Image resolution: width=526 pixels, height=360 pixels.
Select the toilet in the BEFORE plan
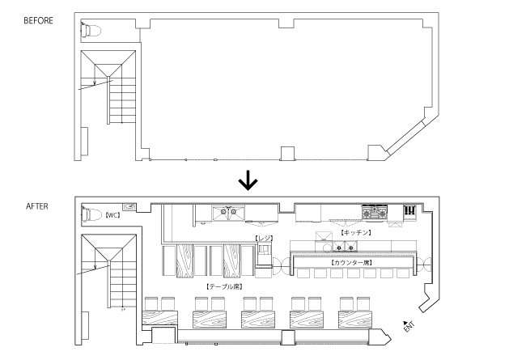pyautogui.click(x=90, y=31)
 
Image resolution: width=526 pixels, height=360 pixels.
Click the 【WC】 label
pyautogui.click(x=112, y=217)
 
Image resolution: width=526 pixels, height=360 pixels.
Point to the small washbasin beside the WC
pyautogui.click(x=129, y=206)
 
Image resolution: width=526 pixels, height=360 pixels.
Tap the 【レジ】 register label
pyautogui.click(x=264, y=239)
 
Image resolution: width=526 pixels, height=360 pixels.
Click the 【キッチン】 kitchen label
pyautogui.click(x=355, y=232)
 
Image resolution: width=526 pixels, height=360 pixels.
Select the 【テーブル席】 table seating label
pyautogui.click(x=221, y=286)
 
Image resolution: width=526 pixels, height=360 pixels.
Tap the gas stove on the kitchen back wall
pyautogui.click(x=374, y=214)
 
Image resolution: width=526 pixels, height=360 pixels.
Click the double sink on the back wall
pyautogui.click(x=229, y=214)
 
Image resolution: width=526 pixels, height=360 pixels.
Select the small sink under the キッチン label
pyautogui.click(x=323, y=237)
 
